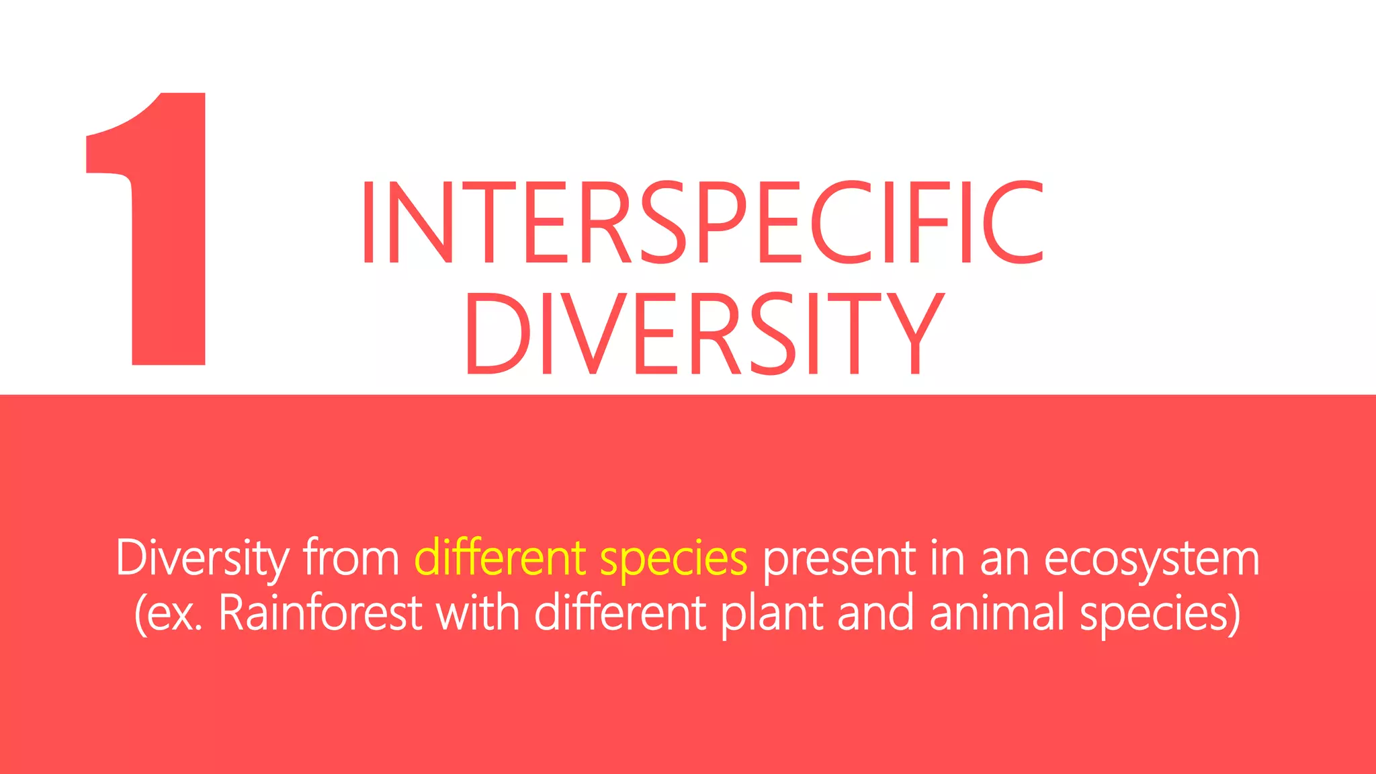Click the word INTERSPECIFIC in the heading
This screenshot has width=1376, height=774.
702,222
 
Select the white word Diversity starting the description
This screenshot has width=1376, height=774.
202,558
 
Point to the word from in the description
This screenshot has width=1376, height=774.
351,558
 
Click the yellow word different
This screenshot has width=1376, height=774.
500,557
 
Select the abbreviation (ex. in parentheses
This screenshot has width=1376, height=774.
169,613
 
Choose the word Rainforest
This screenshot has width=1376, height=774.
320,613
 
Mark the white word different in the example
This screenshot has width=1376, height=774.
619,613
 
